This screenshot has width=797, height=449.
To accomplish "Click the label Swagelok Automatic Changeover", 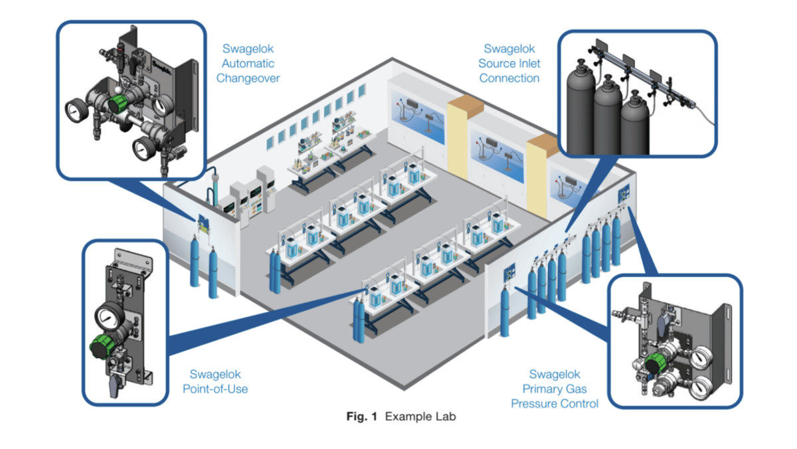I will pyautogui.click(x=250, y=63).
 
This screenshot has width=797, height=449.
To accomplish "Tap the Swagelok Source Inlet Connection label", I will pyautogui.click(x=509, y=63).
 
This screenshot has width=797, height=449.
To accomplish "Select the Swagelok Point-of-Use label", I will pyautogui.click(x=215, y=381).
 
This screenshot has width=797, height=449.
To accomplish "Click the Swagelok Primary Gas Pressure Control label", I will pyautogui.click(x=555, y=389).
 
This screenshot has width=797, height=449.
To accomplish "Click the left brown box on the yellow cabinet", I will pyautogui.click(x=467, y=102).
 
